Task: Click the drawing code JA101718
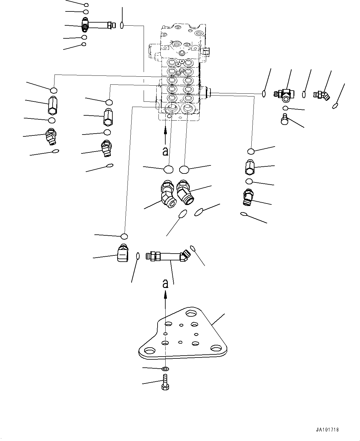[327, 430]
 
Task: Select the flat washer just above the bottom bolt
[165, 369]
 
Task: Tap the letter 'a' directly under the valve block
[165, 151]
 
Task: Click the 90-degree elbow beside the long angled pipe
[123, 252]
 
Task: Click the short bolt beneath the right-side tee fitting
[284, 119]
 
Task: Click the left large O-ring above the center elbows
[169, 169]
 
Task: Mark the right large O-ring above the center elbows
[184, 169]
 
